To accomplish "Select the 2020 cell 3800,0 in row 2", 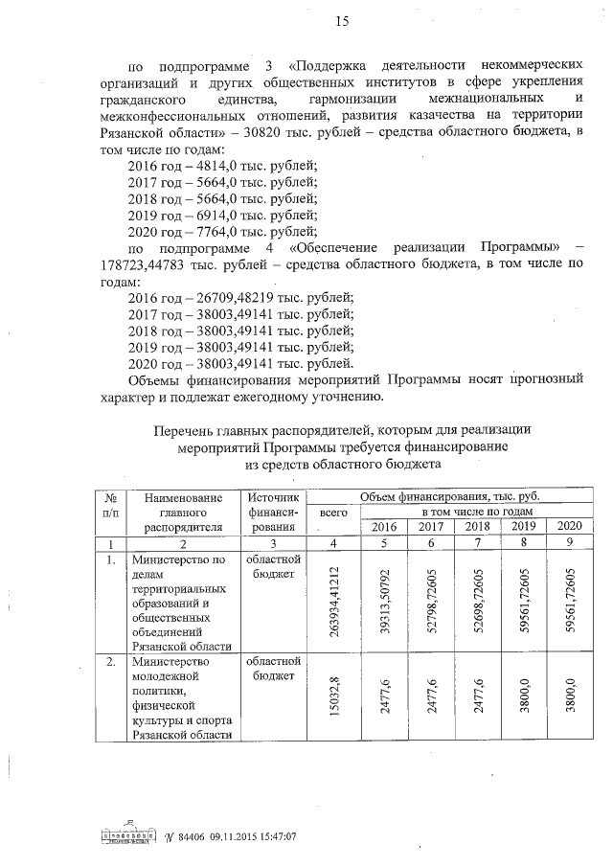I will tap(571, 696).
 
